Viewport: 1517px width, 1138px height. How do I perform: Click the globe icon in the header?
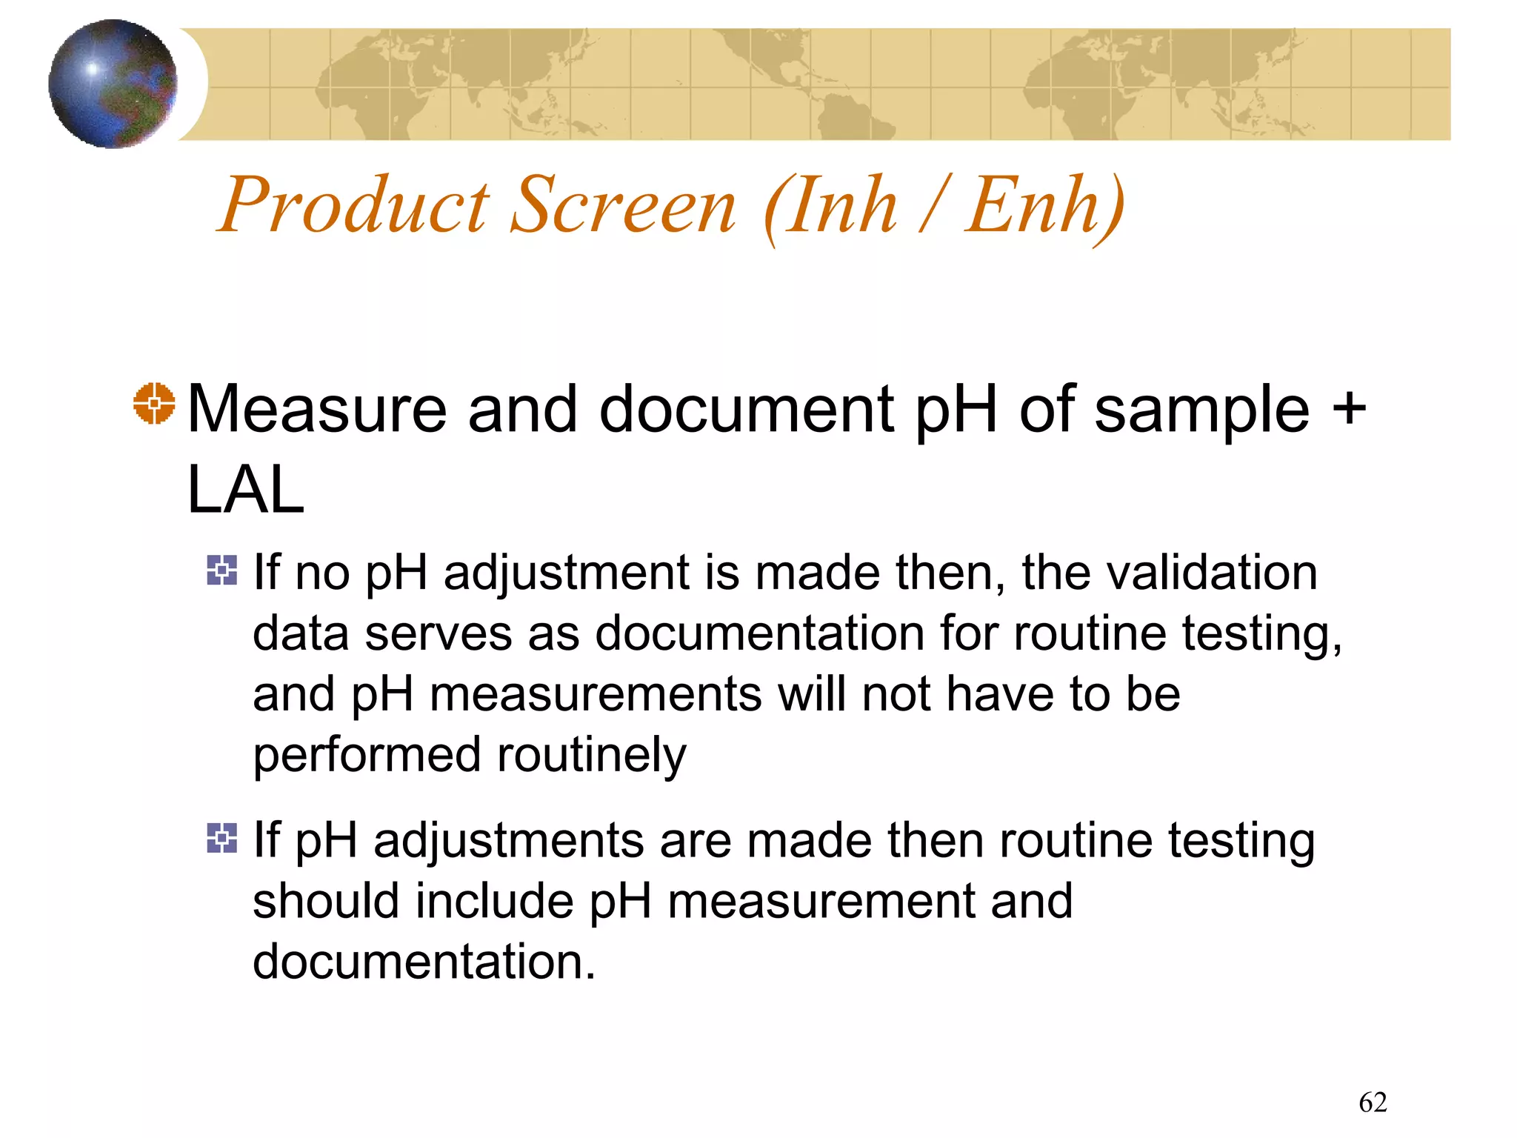(113, 84)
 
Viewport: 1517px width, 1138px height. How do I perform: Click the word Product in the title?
(354, 205)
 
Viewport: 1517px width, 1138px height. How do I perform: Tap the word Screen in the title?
(623, 205)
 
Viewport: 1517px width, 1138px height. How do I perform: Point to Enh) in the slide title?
(1044, 205)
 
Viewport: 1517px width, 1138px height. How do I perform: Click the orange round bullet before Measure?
(154, 404)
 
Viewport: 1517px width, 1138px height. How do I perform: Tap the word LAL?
(246, 490)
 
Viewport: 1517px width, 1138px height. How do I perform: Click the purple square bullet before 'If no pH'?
(222, 570)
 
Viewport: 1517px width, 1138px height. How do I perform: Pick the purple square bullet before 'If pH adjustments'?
(222, 838)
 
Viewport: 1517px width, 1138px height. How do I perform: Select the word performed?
(367, 756)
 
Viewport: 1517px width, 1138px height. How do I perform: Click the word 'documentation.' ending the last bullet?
(424, 962)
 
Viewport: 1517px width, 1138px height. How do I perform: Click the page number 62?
(1373, 1102)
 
